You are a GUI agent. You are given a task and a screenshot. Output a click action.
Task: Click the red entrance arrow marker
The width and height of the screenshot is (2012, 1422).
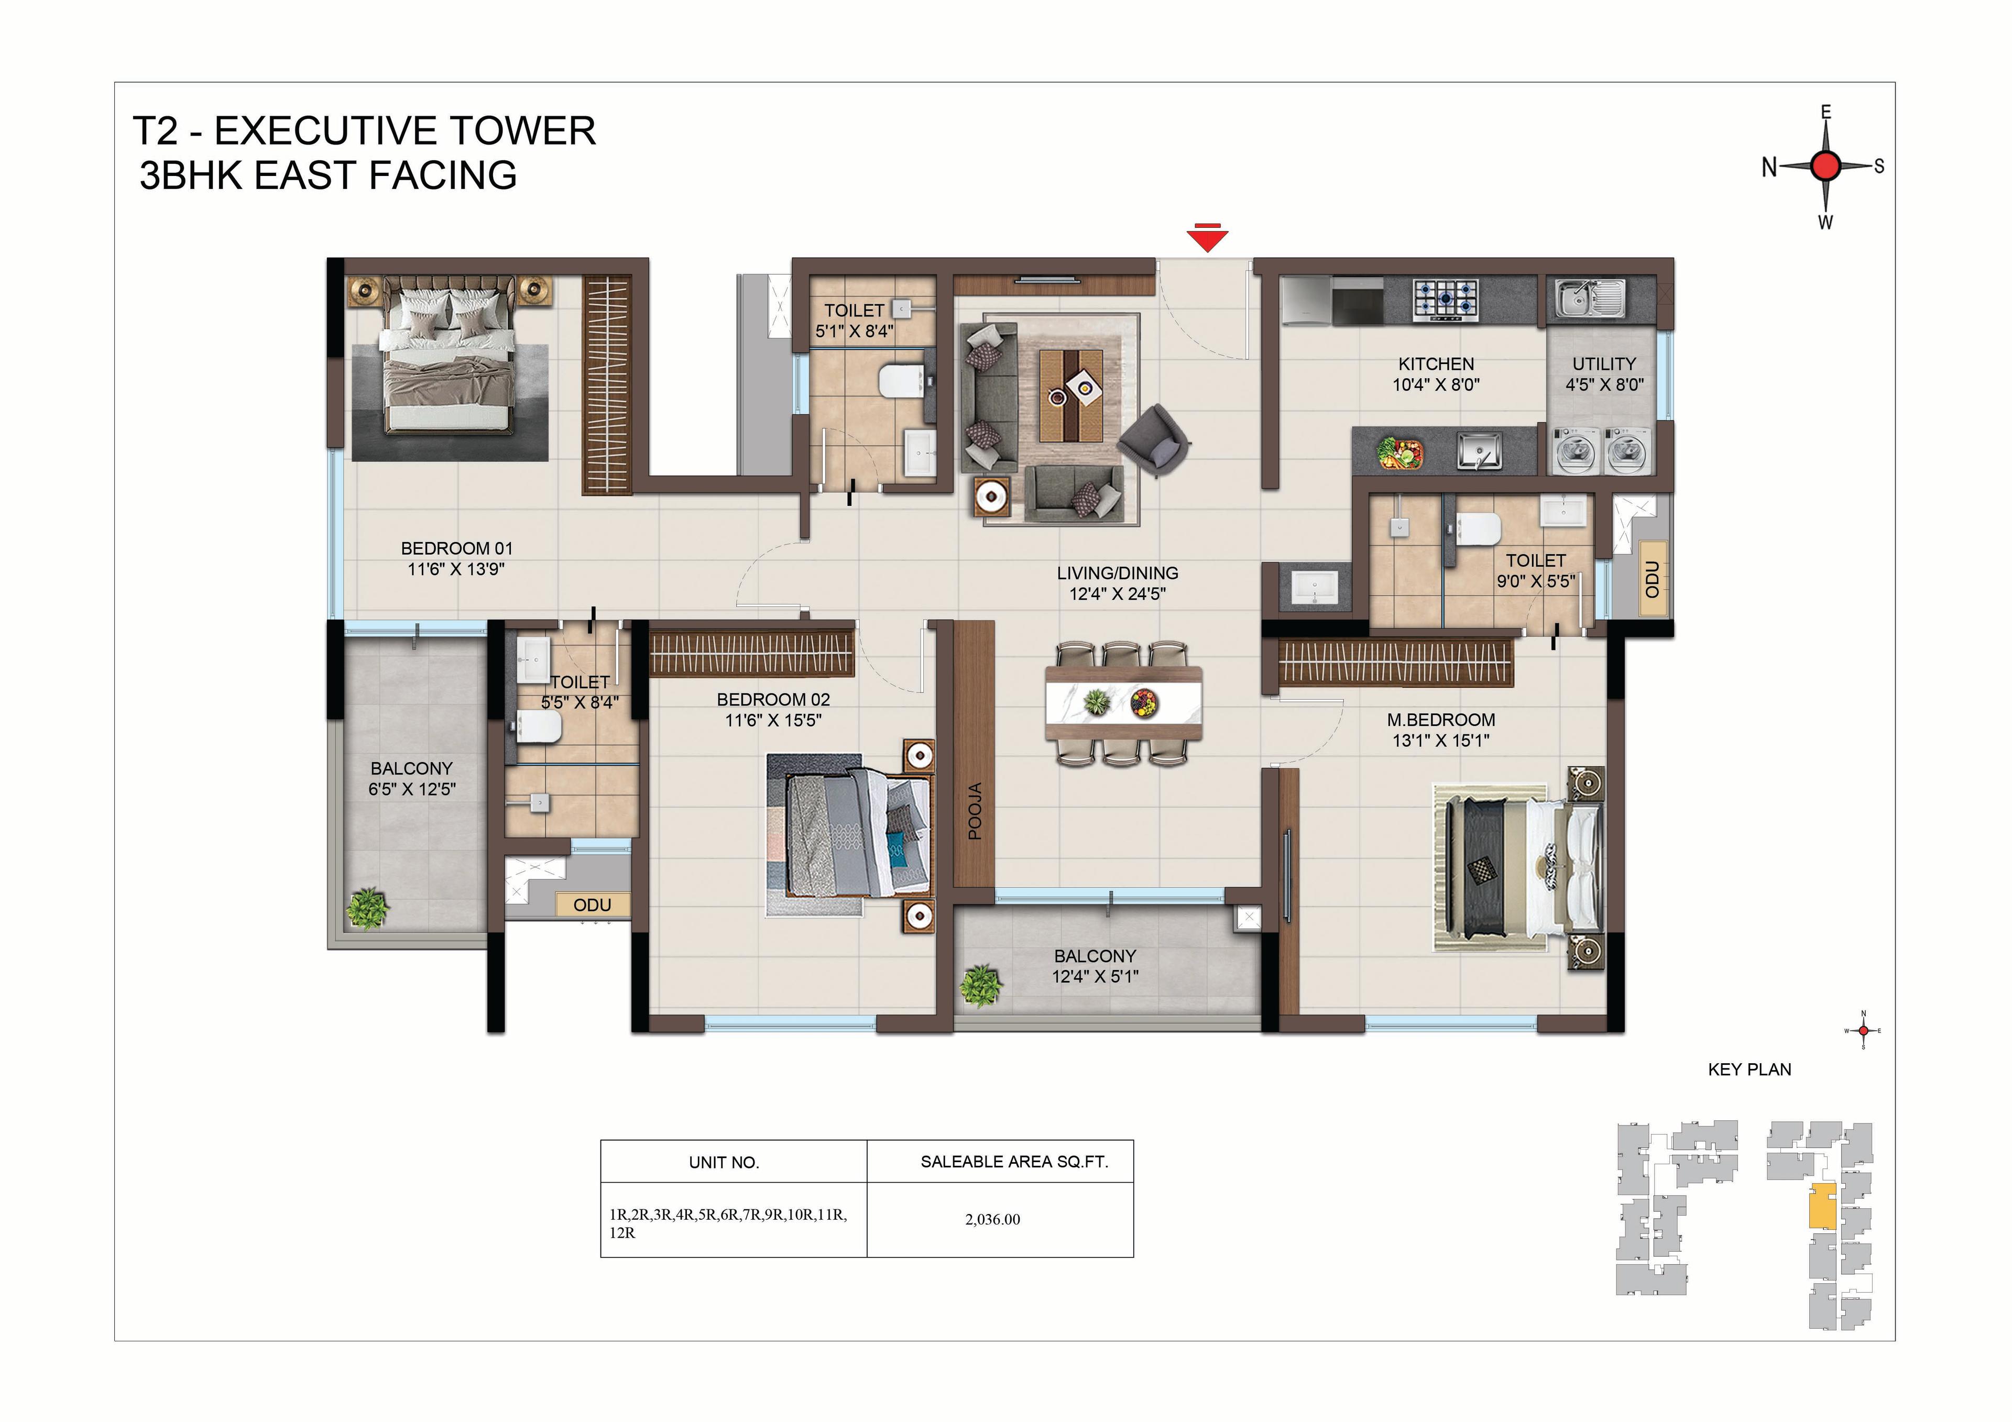[x=1208, y=238]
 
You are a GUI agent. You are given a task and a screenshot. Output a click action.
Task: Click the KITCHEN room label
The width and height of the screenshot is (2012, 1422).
[x=1436, y=363]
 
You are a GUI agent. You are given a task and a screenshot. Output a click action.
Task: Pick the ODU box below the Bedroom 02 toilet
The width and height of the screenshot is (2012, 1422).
[x=593, y=905]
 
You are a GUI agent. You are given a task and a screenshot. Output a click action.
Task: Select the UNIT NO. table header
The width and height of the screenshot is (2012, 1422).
[x=724, y=1163]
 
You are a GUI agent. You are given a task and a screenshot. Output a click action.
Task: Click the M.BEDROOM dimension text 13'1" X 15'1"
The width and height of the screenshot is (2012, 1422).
[x=1441, y=741]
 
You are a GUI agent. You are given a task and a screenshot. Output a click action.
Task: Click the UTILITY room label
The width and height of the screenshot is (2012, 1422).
[x=1604, y=363]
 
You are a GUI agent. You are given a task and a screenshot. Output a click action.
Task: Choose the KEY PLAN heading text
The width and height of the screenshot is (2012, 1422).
[x=1749, y=1070]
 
